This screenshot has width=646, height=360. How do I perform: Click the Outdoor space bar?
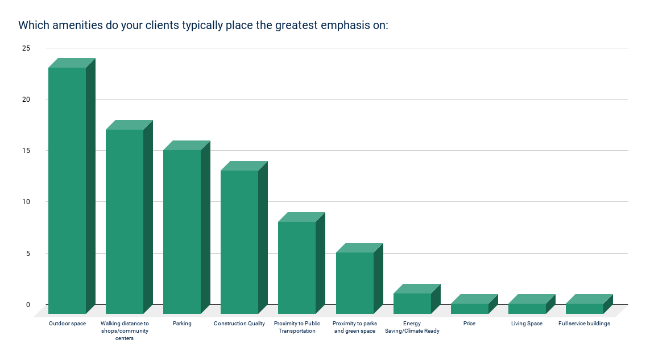[67, 191]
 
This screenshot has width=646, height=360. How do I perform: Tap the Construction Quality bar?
[239, 242]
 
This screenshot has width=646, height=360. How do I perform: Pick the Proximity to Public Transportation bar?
[297, 267]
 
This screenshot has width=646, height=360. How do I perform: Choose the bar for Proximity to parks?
[355, 283]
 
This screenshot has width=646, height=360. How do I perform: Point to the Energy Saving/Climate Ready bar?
[412, 303]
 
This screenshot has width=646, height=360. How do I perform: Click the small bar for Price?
[470, 308]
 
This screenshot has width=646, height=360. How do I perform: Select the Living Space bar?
[527, 308]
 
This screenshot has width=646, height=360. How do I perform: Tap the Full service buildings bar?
[585, 308]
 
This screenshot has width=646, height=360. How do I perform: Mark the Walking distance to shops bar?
[125, 221]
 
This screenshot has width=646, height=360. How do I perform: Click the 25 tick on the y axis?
[26, 48]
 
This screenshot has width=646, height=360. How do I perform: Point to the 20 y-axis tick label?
[26, 100]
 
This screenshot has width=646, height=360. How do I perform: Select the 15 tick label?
[26, 151]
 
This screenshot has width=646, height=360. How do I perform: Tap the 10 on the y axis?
[26, 202]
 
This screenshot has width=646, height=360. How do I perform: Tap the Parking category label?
[182, 324]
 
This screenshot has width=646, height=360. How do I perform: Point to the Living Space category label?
[527, 324]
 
